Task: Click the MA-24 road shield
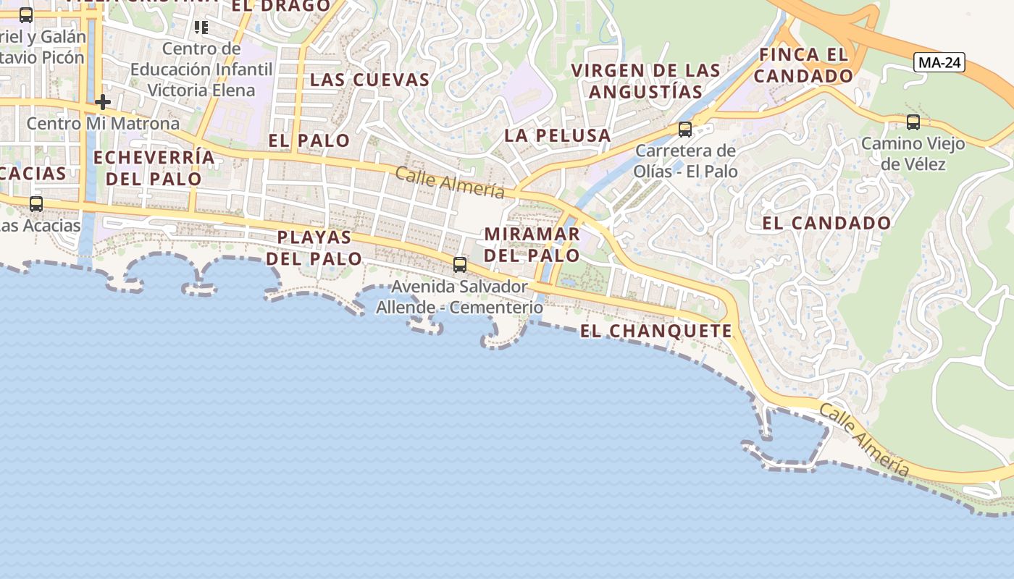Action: [939, 62]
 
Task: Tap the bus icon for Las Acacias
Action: [36, 204]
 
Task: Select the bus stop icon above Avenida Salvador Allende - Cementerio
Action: [460, 265]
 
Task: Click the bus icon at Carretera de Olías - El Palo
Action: [684, 130]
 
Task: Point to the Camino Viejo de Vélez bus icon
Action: [913, 122]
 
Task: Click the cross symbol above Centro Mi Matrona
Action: [103, 102]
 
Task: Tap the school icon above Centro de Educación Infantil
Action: [201, 28]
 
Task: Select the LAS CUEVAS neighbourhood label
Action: [369, 80]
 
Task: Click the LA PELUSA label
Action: [558, 135]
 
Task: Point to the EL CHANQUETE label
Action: [656, 331]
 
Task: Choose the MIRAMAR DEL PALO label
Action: [532, 245]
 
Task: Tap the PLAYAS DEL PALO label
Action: [314, 248]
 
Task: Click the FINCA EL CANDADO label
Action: [804, 65]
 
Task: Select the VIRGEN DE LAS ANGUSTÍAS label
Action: [645, 81]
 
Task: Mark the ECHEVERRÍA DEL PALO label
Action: [154, 168]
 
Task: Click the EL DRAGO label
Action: [281, 7]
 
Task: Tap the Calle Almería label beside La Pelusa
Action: [450, 182]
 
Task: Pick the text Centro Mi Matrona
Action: [103, 124]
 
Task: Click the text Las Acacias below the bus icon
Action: [40, 226]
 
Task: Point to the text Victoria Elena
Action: [201, 90]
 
